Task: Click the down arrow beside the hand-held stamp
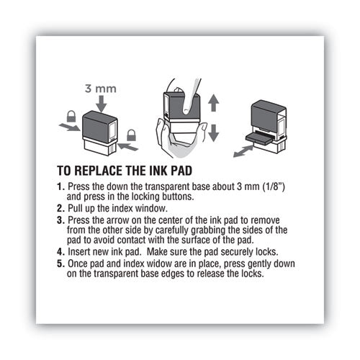(214, 131)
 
